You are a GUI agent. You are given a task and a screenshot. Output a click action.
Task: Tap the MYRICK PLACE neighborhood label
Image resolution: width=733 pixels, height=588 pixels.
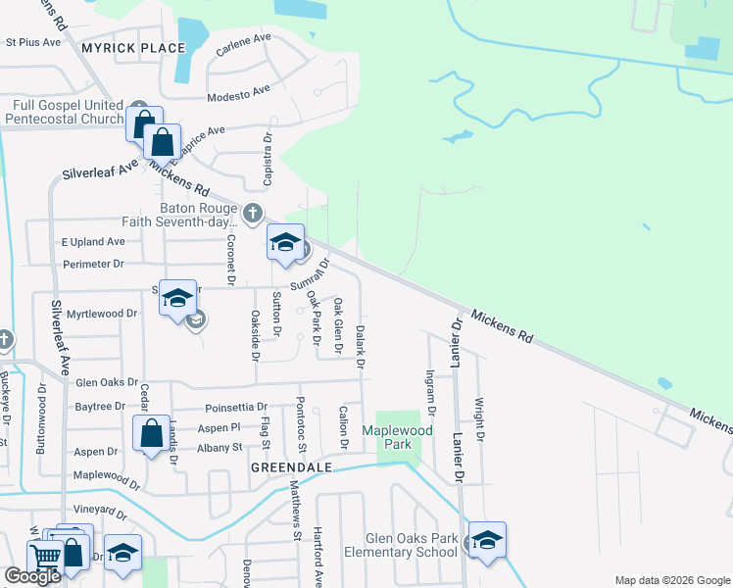pos(133,47)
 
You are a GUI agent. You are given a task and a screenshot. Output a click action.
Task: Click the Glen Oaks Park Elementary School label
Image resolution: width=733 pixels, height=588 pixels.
pos(412,545)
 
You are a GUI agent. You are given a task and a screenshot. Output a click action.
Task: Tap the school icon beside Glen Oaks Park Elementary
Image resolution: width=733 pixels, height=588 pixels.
pos(487,540)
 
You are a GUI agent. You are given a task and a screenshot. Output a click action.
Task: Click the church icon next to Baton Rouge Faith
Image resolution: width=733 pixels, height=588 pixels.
pos(253,212)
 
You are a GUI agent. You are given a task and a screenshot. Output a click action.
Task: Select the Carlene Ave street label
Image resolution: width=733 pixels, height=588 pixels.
pos(243,45)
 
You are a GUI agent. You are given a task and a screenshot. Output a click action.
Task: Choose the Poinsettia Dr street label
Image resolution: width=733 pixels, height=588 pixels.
pos(236,407)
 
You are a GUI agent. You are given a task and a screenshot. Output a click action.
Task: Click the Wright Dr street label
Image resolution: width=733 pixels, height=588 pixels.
pos(480,419)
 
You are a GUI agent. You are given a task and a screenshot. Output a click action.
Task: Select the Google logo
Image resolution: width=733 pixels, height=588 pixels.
pos(32,576)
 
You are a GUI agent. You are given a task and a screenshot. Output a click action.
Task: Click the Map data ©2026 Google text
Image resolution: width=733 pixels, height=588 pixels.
pos(670,579)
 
